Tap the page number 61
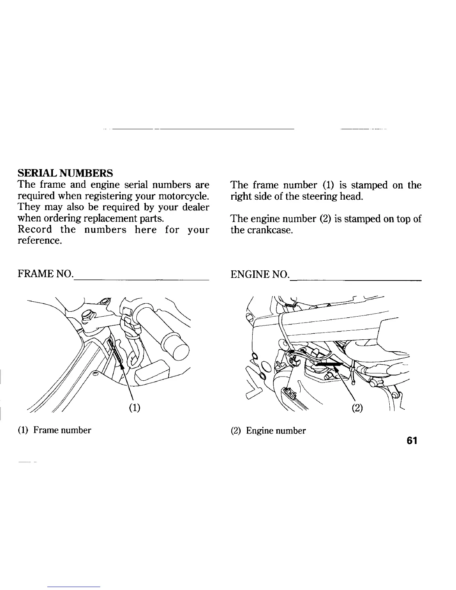pos(412,441)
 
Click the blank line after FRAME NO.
pos(141,279)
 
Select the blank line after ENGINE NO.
pos(356,279)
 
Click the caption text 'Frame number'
pos(62,431)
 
